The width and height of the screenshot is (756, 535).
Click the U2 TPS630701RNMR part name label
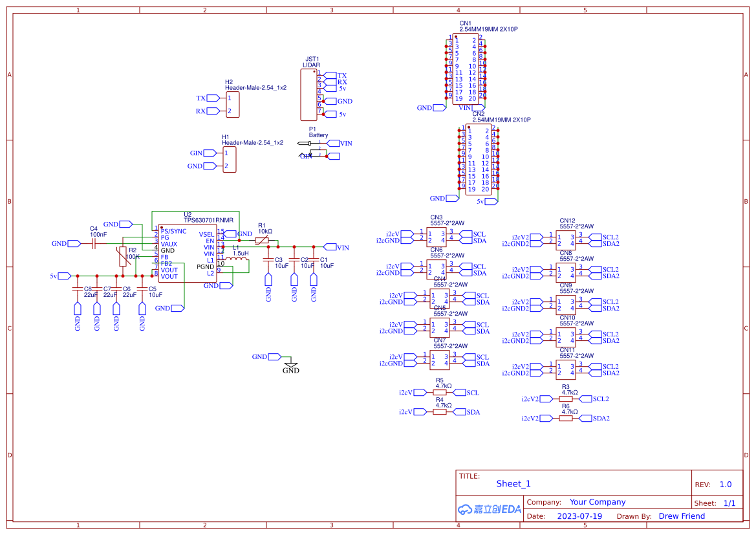click(208, 221)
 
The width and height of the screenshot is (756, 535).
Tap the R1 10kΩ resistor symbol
click(262, 241)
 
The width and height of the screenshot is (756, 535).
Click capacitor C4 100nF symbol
click(94, 244)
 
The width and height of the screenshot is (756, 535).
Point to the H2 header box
click(232, 105)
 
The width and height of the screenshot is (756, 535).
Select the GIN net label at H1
click(196, 153)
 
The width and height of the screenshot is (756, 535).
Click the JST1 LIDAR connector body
click(308, 94)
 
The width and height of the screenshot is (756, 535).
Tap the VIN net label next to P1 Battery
click(346, 143)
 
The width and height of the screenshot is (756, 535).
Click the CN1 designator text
click(465, 23)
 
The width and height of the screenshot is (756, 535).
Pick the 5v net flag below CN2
click(481, 202)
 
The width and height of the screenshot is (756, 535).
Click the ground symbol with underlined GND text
click(291, 367)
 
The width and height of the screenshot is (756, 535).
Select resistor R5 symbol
click(440, 393)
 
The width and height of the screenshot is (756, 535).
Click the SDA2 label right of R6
click(601, 419)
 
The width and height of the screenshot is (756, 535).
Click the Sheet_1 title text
click(513, 484)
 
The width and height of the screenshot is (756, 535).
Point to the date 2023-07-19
click(579, 516)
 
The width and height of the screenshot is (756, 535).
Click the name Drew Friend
click(682, 516)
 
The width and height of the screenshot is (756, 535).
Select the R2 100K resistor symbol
click(122, 257)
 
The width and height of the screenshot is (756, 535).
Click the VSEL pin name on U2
click(206, 234)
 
